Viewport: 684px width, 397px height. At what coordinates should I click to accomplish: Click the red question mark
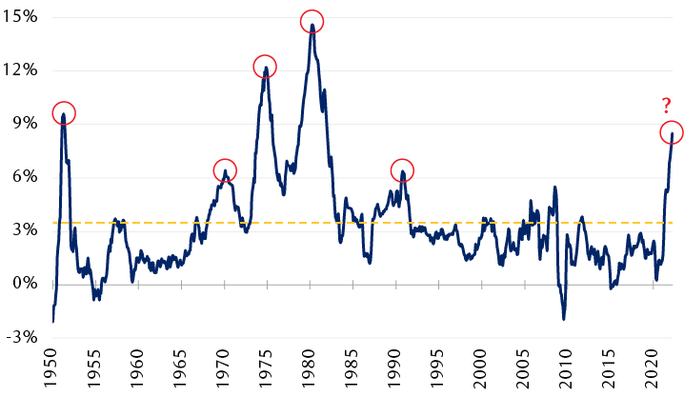pos(667,106)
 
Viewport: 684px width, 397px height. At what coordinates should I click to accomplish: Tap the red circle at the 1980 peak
pos(312,21)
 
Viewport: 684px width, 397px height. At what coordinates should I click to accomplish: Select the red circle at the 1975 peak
pos(265,67)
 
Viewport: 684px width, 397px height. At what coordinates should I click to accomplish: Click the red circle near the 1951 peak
pos(64,113)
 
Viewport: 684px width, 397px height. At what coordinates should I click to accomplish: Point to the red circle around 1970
pos(224,170)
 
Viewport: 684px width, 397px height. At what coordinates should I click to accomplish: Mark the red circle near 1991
pos(402,170)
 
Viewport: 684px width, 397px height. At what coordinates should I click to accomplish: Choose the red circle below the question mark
pos(671,133)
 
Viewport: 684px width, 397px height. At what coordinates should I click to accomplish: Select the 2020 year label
pos(653,370)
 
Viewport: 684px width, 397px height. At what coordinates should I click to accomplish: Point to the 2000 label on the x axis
pos(480,370)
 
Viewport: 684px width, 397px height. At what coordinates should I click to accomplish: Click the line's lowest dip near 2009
pos(564,319)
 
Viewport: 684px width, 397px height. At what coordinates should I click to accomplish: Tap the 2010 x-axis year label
pos(567,370)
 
